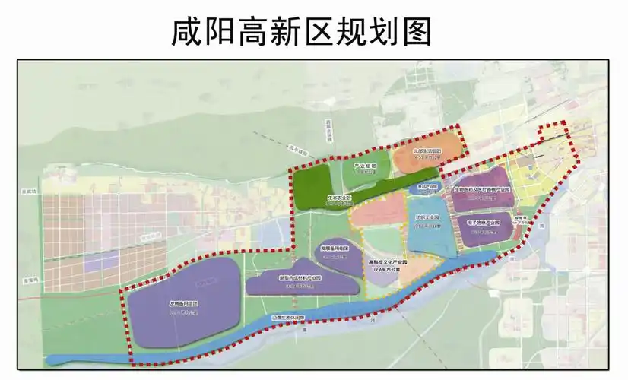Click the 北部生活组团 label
point(427,150)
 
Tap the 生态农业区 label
point(339,198)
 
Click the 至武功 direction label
point(30,192)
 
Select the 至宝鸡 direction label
point(29,279)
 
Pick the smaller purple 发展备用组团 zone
point(334,252)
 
